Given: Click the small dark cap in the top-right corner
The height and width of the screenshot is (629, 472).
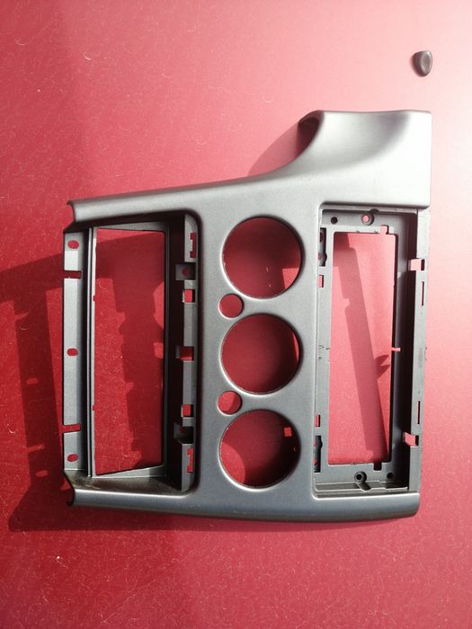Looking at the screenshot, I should pos(422,61).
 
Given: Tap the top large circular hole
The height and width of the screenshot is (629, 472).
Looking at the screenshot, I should pos(262,257).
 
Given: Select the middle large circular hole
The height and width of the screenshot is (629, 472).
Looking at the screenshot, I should pos(260,352).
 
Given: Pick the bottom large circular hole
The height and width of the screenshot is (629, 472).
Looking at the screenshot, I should pos(260,446).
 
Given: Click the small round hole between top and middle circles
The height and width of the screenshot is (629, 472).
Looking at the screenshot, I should pos(231,306).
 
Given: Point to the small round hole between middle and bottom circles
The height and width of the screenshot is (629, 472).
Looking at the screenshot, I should pos(229,402).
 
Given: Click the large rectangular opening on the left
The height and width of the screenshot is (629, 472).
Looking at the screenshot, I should pos(129,350).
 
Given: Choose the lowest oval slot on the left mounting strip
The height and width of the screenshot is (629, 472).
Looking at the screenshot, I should pos(71,457).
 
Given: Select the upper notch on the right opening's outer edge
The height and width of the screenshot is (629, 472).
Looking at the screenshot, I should pos(415,266).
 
